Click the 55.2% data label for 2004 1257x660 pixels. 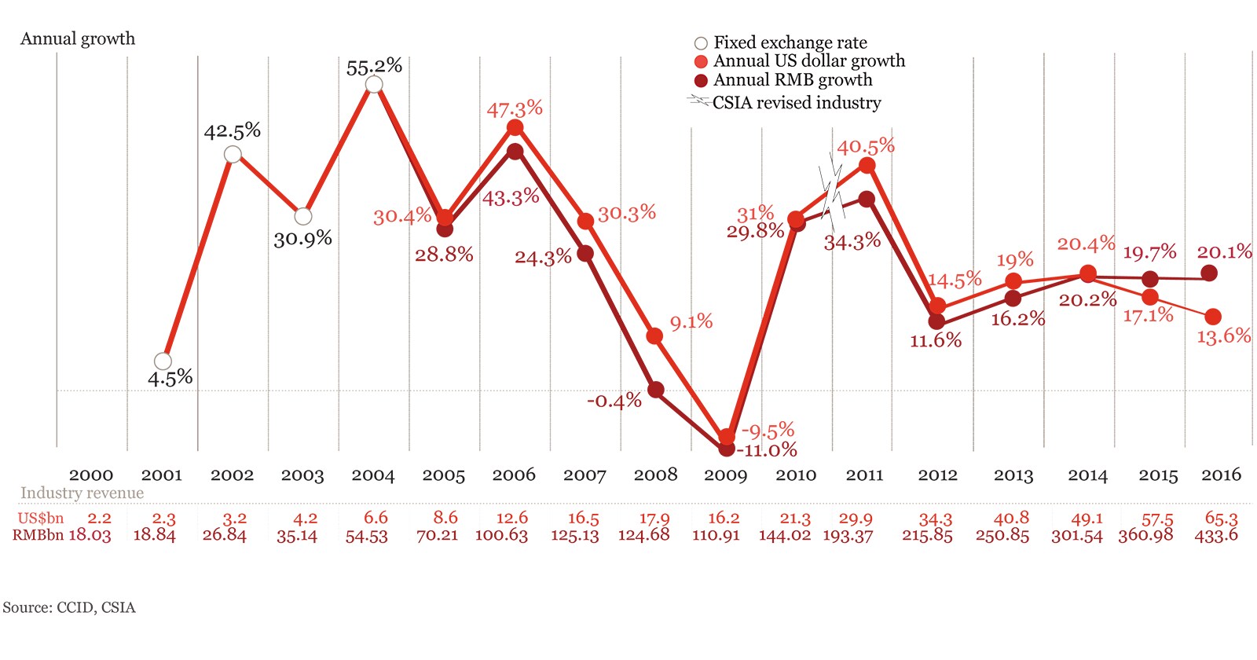point(374,67)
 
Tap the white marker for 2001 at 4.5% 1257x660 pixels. point(163,361)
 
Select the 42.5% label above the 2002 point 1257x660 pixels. point(232,130)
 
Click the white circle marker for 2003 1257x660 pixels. point(303,216)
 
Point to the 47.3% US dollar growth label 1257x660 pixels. point(515,108)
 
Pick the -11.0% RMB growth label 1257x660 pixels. point(767,450)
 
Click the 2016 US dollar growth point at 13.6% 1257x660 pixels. point(1212,317)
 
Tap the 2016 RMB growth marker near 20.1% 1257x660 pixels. point(1210,273)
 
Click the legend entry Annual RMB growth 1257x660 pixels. point(792,80)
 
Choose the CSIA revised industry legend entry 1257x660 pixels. point(796,103)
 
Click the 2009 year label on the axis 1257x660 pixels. point(725,475)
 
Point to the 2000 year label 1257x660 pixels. point(91,475)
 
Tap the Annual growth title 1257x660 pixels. point(78,38)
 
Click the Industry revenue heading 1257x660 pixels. point(82,493)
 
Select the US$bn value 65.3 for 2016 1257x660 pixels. point(1221,519)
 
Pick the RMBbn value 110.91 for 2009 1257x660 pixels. point(716,536)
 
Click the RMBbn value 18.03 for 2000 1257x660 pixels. point(90,536)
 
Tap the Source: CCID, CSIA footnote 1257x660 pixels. point(69,607)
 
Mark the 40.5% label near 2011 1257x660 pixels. point(866,146)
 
